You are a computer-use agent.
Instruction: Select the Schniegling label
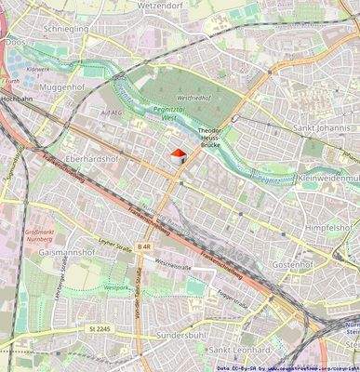coord(65,29)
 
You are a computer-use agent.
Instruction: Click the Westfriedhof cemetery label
coord(193,96)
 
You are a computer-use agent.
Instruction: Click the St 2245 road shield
coord(100,327)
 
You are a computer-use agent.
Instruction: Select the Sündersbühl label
coord(180,333)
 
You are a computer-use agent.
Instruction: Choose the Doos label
coord(14,42)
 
